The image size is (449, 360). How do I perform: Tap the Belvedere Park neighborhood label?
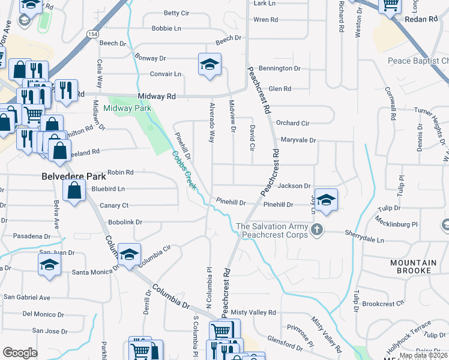(x=74, y=176)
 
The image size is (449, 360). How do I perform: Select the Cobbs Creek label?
(x=184, y=170)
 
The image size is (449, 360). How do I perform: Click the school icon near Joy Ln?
(x=326, y=200)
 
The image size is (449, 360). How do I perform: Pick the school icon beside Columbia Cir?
(x=129, y=254)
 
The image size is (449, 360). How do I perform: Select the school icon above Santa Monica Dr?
(x=49, y=265)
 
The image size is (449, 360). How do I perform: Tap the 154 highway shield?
(x=92, y=35)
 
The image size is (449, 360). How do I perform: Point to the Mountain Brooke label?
(x=414, y=266)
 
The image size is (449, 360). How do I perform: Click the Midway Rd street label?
(x=156, y=96)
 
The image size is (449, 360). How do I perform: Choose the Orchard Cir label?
(x=292, y=123)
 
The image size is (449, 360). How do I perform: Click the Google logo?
(x=20, y=353)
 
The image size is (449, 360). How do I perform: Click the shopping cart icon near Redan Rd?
(x=391, y=6)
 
